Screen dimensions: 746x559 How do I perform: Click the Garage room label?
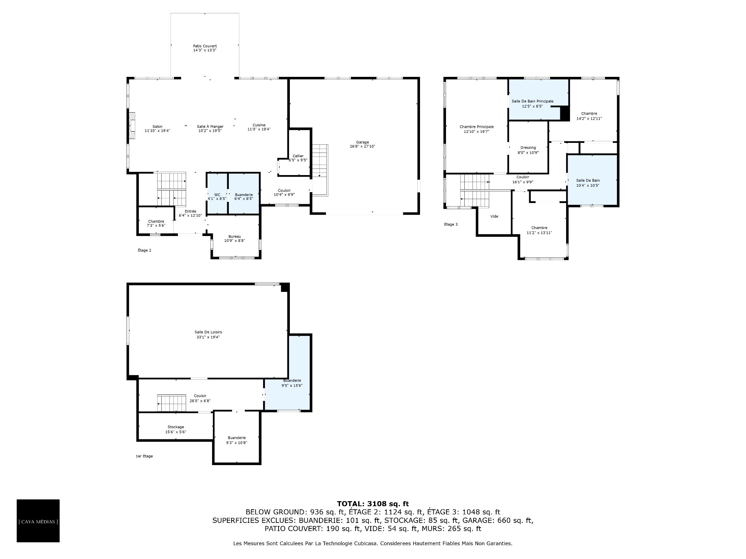362,142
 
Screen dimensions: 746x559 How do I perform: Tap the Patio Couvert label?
205,46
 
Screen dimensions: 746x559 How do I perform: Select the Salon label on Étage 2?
157,126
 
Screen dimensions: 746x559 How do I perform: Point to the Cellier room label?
298,156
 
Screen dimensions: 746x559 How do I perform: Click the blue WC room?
217,193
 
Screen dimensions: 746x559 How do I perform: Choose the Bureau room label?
235,236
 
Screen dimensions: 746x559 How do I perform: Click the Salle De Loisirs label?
208,332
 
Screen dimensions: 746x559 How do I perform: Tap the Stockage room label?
176,427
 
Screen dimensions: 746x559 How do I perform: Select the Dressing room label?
528,148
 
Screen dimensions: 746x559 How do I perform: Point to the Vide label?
494,216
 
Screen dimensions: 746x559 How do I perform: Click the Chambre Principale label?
476,127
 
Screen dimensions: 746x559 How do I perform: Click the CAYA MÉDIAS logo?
38,521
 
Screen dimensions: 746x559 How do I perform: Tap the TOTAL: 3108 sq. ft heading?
373,504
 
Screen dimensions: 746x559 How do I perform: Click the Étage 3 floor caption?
451,224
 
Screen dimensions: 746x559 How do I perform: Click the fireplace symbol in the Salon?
132,126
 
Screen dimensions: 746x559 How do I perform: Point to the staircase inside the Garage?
320,170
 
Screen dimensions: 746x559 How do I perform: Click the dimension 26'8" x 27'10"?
362,147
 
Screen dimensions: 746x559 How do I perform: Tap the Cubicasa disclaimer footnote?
373,543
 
